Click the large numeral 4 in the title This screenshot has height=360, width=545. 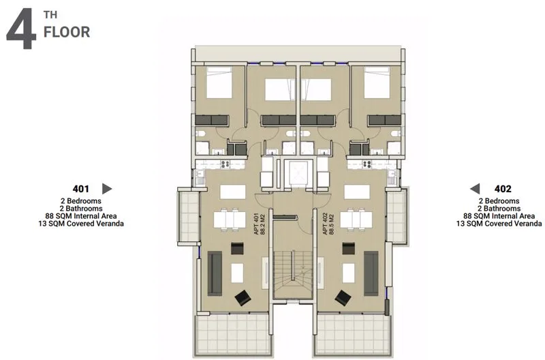pos(21,29)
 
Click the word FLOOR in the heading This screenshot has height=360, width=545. pos(67,32)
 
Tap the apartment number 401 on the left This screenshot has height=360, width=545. pos(80,189)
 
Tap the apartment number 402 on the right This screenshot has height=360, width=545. pos(503,189)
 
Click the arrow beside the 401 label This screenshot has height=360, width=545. pos(107,189)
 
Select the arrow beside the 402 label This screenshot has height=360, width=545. pos(475,189)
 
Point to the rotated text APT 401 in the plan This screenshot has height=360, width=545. pos(257,224)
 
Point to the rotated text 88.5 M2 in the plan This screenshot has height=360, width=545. pos(331,224)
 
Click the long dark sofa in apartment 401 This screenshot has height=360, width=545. pos(215,273)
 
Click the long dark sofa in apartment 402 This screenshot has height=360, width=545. pos(371,273)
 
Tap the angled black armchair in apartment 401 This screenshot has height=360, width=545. pos(243,298)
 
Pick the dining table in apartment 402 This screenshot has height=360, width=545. pos(356,220)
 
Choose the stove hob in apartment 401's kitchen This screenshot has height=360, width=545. pos(225,164)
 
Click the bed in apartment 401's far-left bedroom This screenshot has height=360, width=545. pos(219,82)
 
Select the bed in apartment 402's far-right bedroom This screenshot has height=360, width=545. pos(377,82)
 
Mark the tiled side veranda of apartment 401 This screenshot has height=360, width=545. pos(189,216)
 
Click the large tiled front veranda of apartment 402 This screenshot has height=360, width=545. pos(352,335)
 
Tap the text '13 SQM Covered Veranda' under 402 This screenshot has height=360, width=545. pos(499,224)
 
